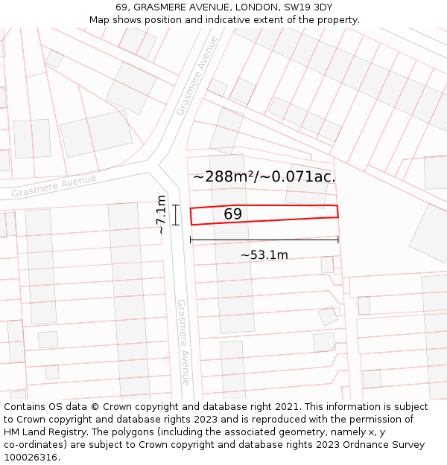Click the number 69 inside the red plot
232,214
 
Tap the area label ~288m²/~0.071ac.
264,177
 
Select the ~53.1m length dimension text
264,255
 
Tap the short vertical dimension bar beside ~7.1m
176,215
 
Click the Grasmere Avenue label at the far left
54,186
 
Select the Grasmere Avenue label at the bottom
183,342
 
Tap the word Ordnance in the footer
361,445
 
